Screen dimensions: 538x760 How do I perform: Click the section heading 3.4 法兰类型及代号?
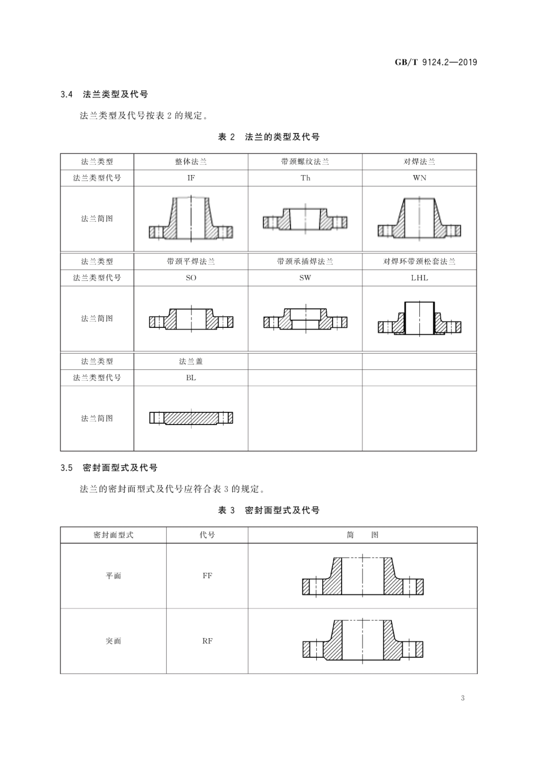104,94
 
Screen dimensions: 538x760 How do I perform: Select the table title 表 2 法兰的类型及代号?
269,137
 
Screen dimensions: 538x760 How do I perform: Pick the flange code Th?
305,178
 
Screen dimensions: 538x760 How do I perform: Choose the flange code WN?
420,178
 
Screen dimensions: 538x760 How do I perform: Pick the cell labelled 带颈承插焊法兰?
305,262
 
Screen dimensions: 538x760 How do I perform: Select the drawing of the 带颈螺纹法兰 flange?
305,219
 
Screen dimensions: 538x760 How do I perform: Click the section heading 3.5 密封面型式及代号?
109,468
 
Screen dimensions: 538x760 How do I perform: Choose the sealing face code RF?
207,641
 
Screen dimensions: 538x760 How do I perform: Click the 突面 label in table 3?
113,641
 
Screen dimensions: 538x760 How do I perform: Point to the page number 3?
463,698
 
